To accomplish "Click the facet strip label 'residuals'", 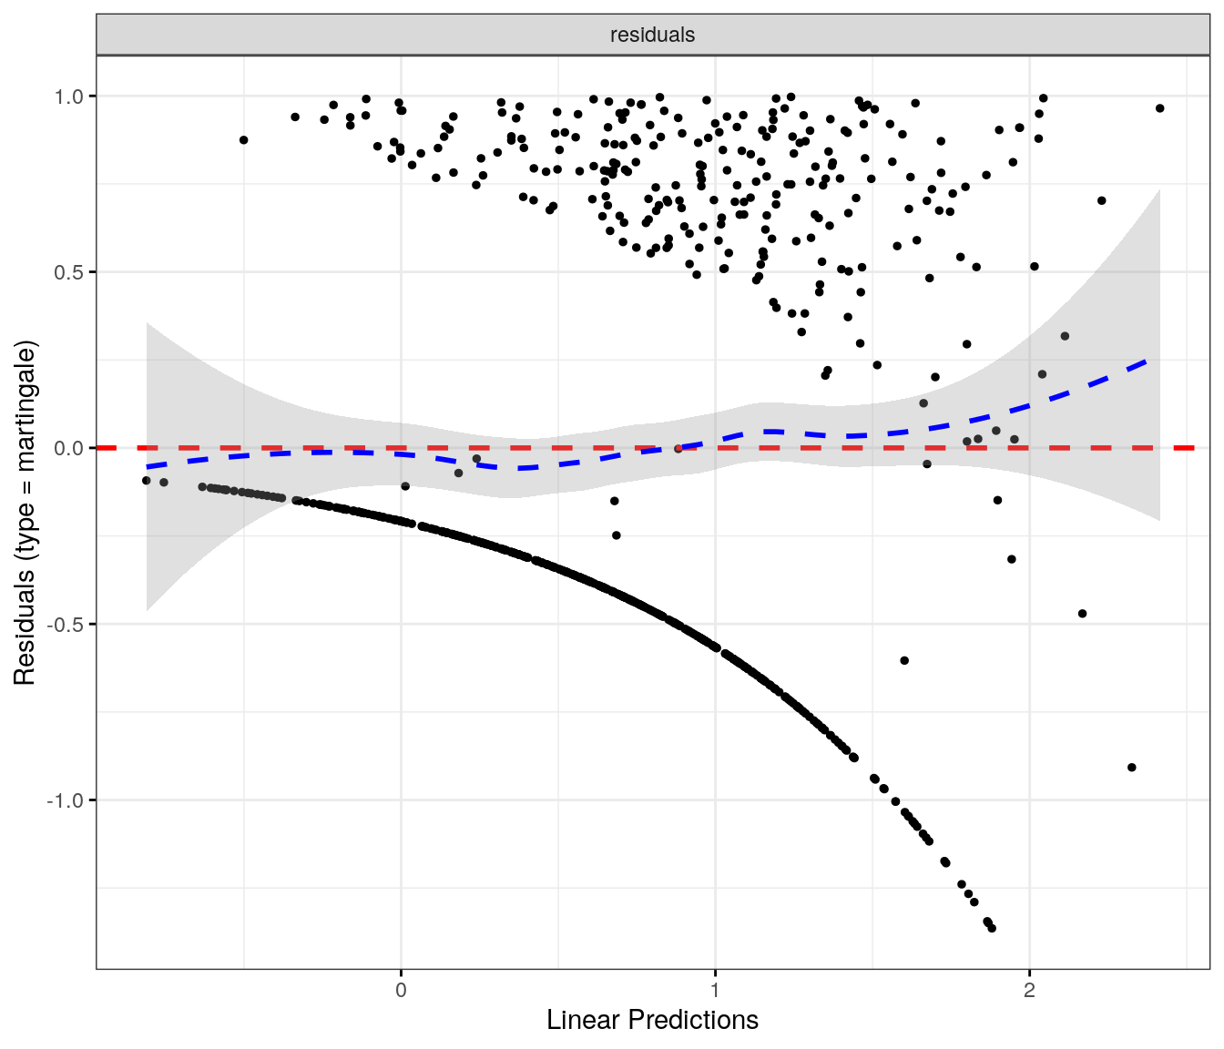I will coord(652,35).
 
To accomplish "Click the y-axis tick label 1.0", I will coord(70,96).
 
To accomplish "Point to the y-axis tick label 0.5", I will coord(70,272).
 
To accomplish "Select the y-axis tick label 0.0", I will coord(70,448).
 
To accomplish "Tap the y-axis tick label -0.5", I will coord(67,624).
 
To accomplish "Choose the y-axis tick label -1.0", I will coord(67,800).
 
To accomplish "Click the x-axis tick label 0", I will coord(401,990).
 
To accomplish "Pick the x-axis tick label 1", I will coord(715,990).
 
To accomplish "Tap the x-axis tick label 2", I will coord(1029,990).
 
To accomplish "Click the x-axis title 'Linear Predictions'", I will coord(652,1020).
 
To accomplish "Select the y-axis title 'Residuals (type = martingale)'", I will coord(25,513).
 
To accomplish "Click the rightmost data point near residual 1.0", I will coord(1159,108).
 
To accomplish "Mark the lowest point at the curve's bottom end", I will coord(992,928).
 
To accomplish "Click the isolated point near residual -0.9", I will coord(1131,768).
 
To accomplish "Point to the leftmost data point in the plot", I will coord(146,480).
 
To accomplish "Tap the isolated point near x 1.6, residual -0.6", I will coord(904,660).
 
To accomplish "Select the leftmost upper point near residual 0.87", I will coord(243,140).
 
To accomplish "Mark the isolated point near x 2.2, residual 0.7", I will coord(1101,200).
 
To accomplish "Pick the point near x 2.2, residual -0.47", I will coord(1082,614).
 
